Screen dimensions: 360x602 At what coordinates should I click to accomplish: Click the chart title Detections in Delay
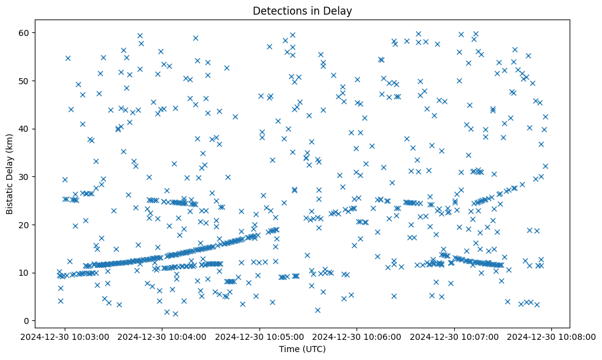pos(302,11)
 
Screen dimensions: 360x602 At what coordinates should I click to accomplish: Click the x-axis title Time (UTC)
pos(302,349)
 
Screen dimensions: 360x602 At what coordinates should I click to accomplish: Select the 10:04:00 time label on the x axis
pos(162,336)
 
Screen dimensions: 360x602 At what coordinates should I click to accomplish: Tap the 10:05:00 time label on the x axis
pos(260,336)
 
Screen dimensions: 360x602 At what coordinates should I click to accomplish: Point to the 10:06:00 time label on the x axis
pos(357,336)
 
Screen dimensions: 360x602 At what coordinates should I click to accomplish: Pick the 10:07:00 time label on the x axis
pos(455,336)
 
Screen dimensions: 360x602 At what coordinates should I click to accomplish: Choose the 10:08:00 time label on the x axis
pos(553,336)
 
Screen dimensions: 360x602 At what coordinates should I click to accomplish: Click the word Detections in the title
pos(279,11)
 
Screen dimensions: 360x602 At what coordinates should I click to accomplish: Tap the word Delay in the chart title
pos(339,11)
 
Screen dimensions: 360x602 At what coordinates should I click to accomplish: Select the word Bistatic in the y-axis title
pos(10,195)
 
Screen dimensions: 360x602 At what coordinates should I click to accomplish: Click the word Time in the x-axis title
pos(289,349)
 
